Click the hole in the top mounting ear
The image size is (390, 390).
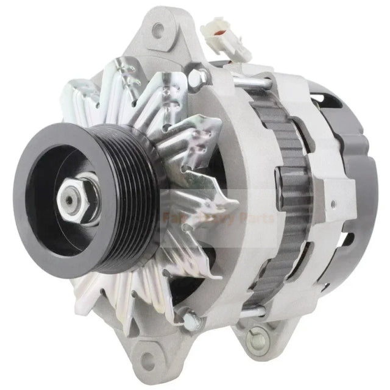(x=160, y=27)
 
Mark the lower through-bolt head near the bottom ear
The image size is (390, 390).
(x=191, y=317)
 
